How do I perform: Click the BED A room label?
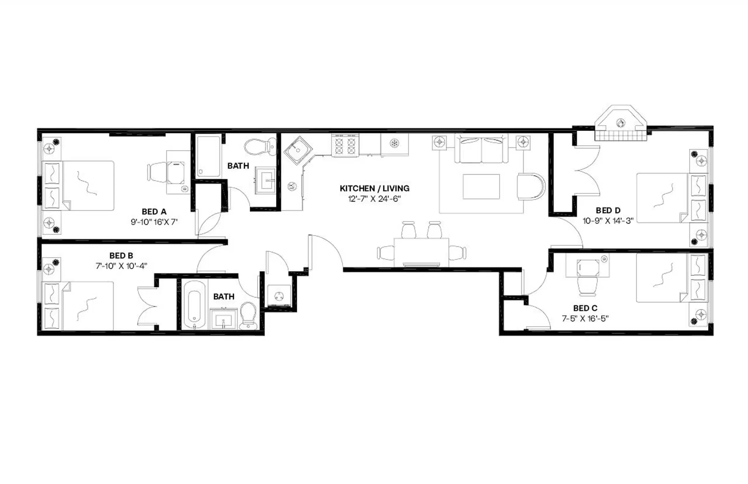coord(154,212)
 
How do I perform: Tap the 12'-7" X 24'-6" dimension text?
coord(374,199)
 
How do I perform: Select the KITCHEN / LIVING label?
coord(375,188)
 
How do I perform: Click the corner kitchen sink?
coord(297,150)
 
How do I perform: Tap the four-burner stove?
coord(345,146)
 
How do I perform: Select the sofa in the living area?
coord(481,149)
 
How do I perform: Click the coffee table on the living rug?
coord(481,187)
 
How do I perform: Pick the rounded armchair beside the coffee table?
coord(530,187)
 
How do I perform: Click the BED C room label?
coord(585,308)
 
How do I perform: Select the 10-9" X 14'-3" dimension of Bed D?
coord(608,221)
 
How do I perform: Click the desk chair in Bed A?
coord(157,172)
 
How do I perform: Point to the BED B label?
coord(121,255)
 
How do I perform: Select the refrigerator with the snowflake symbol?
coord(394,144)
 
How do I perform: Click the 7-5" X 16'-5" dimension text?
coord(585,319)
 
